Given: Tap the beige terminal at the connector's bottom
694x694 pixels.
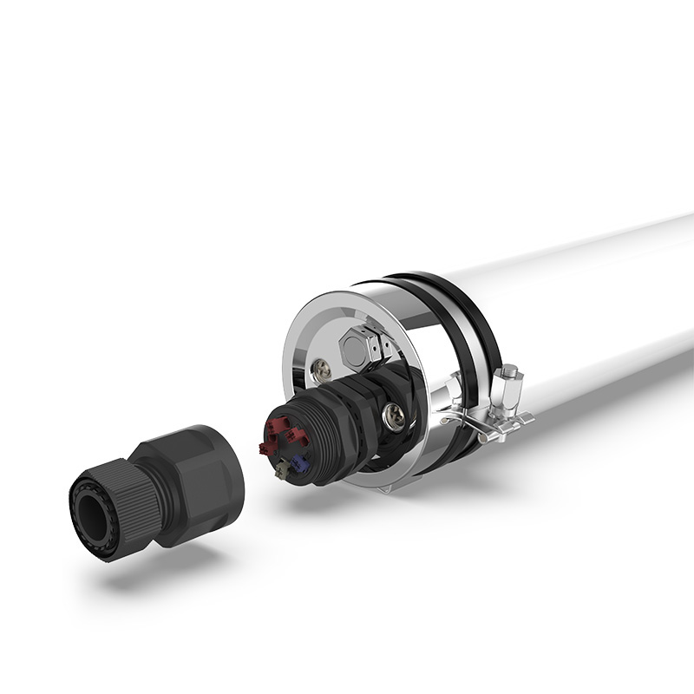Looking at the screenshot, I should [x=283, y=470].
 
